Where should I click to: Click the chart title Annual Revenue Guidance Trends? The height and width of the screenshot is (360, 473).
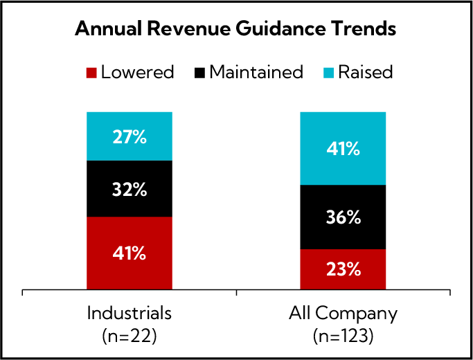(x=235, y=30)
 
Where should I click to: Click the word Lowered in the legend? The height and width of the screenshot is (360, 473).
(x=137, y=72)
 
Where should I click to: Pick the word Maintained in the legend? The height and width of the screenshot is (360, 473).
(x=256, y=72)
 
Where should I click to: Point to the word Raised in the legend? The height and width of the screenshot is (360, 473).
(x=365, y=72)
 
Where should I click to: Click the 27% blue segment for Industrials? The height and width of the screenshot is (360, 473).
(x=130, y=136)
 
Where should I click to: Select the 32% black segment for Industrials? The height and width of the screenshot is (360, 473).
(x=130, y=189)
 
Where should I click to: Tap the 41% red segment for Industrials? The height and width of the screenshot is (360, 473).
(x=130, y=253)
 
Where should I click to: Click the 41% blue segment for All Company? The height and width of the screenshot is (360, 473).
(x=343, y=148)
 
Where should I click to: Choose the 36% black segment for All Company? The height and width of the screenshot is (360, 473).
(x=343, y=217)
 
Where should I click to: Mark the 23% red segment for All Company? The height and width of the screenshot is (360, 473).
(x=343, y=269)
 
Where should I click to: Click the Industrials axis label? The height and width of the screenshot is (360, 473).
(x=130, y=314)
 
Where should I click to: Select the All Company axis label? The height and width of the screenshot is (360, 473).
(x=343, y=314)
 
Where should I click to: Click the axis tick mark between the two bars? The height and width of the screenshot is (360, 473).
(x=237, y=294)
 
